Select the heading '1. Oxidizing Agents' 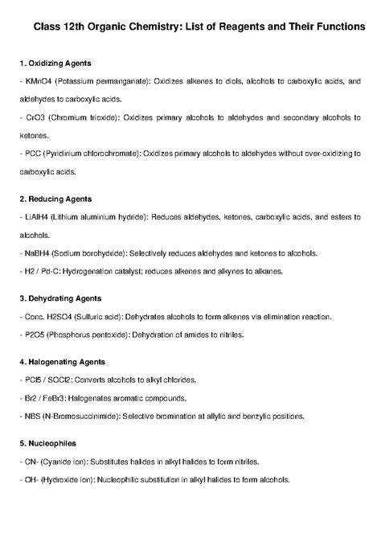(55, 63)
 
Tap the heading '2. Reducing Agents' (55, 199)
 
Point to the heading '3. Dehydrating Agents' (60, 298)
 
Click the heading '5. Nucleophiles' (49, 444)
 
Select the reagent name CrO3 (32, 117)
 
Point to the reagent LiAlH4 (35, 217)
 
